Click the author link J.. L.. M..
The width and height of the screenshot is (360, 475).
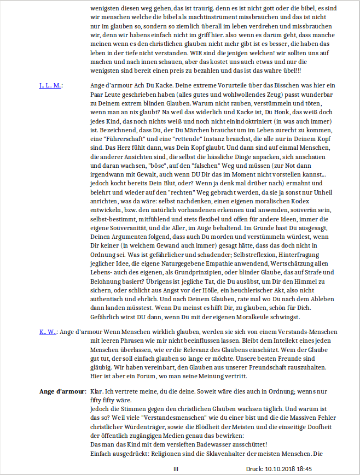coord(50,86)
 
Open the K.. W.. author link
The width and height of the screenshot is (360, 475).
coord(48,332)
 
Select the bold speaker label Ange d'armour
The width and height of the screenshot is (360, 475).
coord(62,392)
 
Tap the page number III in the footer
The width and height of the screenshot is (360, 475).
coord(176,469)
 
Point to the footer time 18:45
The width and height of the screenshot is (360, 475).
coord(304,469)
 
